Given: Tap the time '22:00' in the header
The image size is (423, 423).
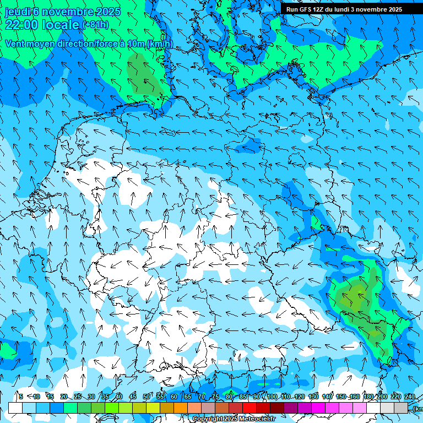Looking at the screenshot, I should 22,25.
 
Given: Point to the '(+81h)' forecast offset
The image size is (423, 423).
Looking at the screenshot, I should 95,25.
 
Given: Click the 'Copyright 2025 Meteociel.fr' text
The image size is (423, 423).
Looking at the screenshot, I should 234,419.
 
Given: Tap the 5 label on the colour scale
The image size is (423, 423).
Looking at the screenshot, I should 20,397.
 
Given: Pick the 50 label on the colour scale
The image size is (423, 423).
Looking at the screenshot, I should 147,397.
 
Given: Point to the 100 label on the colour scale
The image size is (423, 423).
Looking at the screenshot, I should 272,397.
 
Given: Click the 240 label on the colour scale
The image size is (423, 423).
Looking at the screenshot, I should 410,397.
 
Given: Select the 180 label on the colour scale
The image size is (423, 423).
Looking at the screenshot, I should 367,397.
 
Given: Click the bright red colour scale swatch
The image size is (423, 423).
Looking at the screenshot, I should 250,408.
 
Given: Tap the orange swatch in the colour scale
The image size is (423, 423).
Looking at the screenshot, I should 181,408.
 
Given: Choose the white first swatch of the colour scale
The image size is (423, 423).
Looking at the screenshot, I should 15,408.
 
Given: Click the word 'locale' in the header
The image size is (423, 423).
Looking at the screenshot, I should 61,25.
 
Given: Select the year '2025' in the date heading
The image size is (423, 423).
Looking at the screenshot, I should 108,12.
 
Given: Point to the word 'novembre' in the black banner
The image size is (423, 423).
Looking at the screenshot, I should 370,9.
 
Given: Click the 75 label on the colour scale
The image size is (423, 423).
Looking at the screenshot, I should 215,397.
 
